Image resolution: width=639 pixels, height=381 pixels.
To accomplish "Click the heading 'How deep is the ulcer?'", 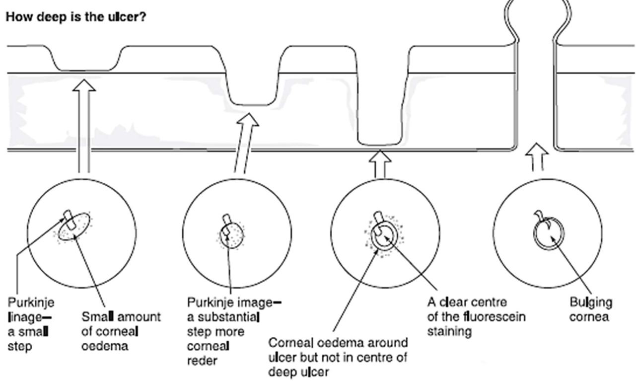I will pyautogui.click(x=75, y=17).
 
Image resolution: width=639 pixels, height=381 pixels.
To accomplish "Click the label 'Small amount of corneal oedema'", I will pyautogui.click(x=121, y=331).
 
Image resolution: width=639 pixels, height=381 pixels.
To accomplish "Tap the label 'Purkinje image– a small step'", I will pyautogui.click(x=31, y=324).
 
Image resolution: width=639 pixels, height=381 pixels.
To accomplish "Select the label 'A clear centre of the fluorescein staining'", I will pyautogui.click(x=476, y=316).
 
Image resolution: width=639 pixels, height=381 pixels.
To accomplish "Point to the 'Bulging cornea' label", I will pyautogui.click(x=591, y=309).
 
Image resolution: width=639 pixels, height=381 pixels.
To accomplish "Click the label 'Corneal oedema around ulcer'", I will pyautogui.click(x=338, y=357).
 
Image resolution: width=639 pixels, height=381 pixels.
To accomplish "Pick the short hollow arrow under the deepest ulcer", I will pyautogui.click(x=380, y=164).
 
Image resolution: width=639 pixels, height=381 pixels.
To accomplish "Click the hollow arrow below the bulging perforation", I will pyautogui.click(x=536, y=157).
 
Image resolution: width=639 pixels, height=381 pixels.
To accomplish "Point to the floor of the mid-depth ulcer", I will pyautogui.click(x=253, y=104).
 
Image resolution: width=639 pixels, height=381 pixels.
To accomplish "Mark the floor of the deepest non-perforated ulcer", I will pyautogui.click(x=380, y=145).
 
